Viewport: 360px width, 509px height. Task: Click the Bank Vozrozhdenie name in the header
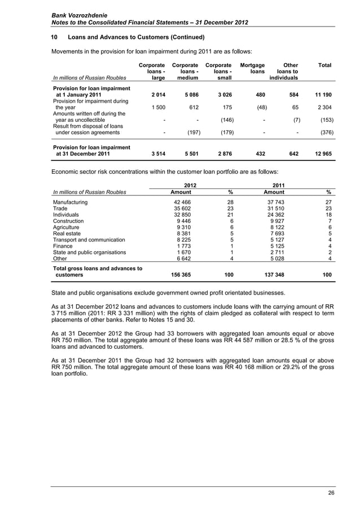(x=80, y=12)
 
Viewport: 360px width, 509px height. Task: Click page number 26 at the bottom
(x=331, y=494)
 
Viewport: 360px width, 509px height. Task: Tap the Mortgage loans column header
(x=252, y=69)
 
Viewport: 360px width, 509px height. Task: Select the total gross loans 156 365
(x=179, y=275)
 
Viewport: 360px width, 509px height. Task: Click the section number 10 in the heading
(x=55, y=38)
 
